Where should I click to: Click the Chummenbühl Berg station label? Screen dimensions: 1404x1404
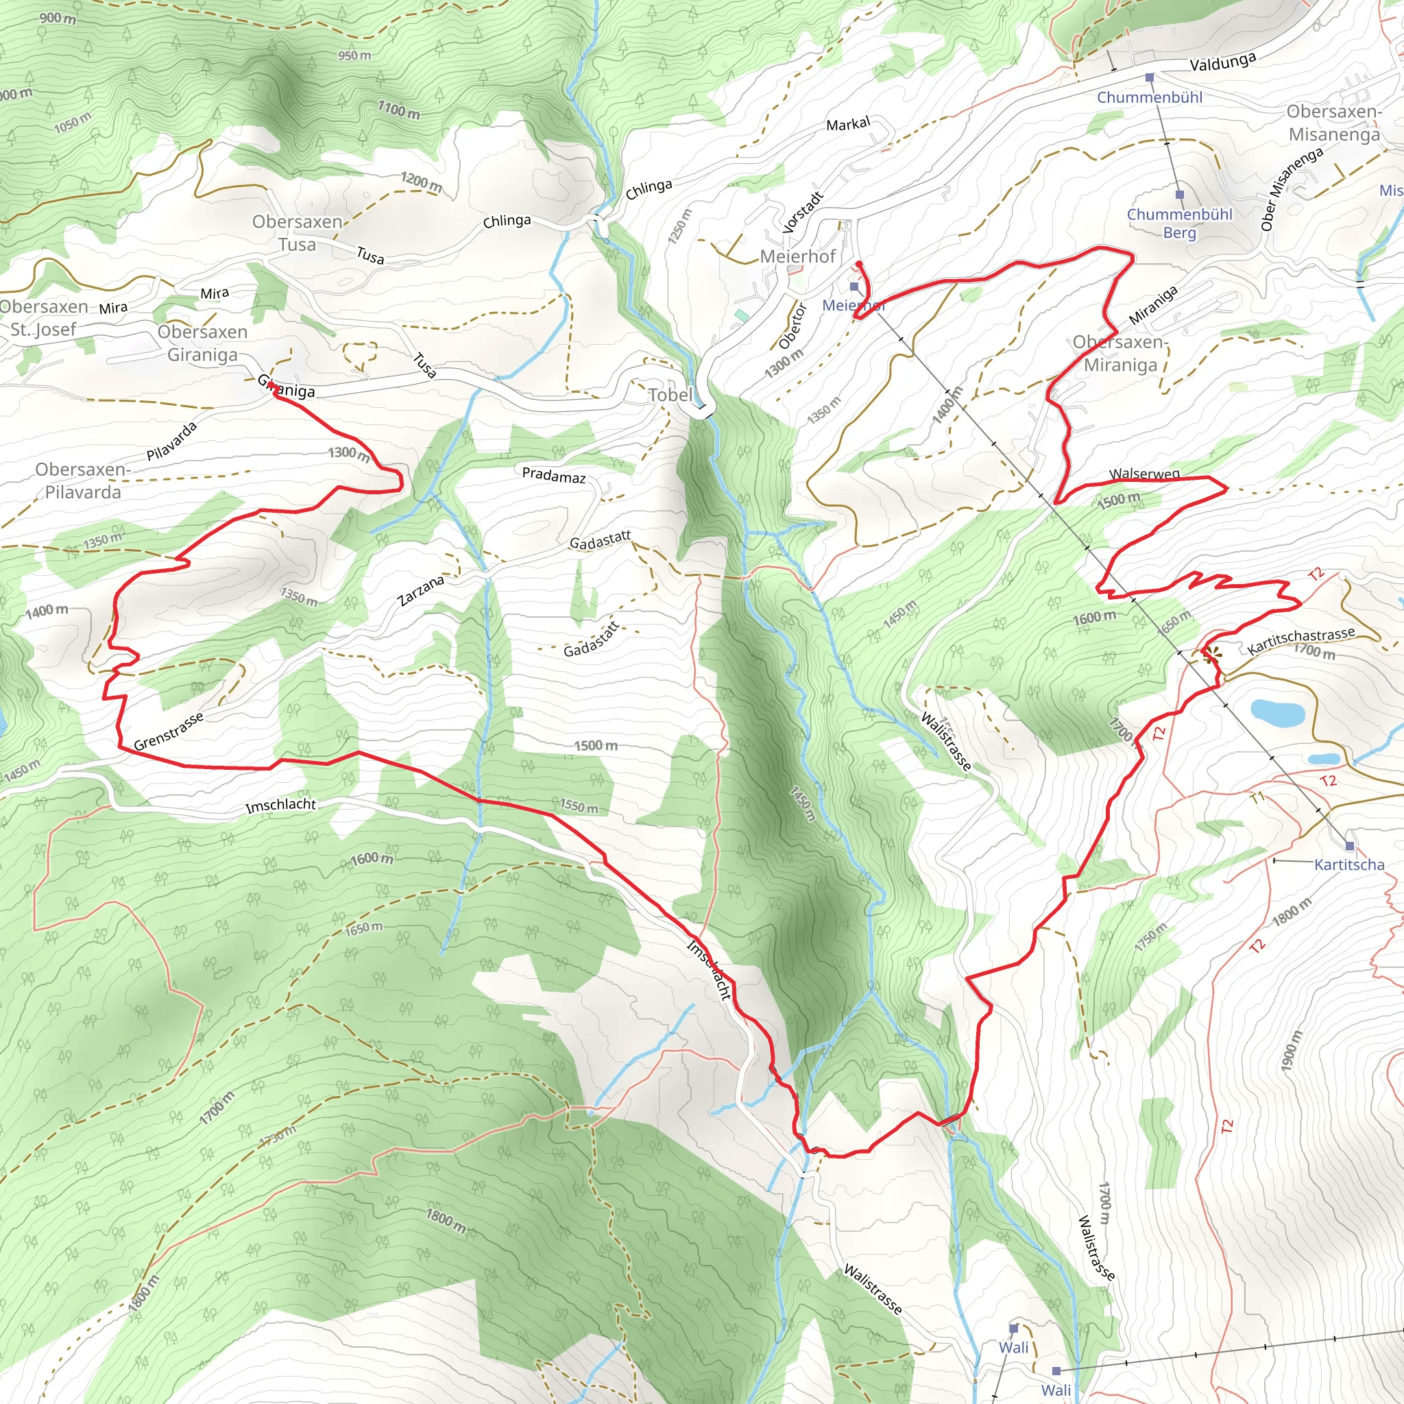point(1178,223)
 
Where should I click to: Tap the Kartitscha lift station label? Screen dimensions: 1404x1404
point(1348,864)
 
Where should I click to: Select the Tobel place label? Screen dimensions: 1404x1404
point(669,396)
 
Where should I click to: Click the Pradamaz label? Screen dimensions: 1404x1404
point(554,476)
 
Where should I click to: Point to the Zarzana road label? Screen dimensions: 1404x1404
point(421,591)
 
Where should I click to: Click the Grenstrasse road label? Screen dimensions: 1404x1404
point(169,731)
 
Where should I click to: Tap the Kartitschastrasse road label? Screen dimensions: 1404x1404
point(1300,640)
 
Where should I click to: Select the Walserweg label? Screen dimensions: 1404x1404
point(1144,474)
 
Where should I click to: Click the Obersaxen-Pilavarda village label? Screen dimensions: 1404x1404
point(82,481)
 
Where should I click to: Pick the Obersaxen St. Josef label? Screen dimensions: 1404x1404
point(44,318)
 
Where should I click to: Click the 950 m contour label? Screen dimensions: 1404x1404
point(354,56)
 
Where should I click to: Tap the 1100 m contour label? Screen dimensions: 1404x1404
point(398,110)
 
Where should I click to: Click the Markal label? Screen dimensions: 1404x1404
point(847,124)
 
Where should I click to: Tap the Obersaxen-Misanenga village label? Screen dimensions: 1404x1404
point(1333,123)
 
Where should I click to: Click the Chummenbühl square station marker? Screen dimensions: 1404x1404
point(1149,77)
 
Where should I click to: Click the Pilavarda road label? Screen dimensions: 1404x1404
point(171,441)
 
